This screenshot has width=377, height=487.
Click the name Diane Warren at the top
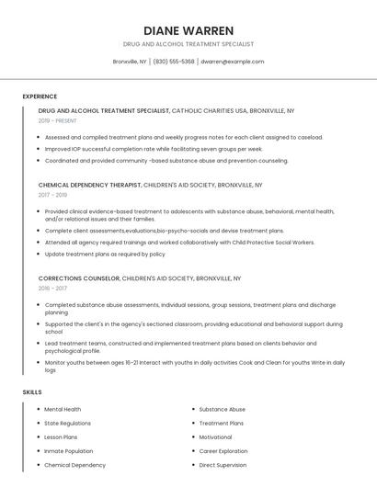(188, 30)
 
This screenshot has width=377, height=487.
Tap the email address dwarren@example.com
(232, 62)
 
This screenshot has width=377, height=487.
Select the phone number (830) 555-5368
(174, 62)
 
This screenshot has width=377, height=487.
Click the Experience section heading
(40, 96)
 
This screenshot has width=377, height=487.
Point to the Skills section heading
(32, 392)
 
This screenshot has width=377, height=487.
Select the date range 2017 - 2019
(52, 195)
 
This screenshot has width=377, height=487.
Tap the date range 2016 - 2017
(52, 288)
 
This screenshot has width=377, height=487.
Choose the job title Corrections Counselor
(79, 277)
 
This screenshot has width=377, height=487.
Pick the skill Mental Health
(63, 409)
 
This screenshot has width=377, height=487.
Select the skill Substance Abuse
(223, 409)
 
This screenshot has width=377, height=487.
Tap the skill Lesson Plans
(61, 437)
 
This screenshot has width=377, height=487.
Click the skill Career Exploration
(223, 451)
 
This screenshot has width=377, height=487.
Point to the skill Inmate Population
(68, 451)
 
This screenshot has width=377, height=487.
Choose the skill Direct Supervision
(223, 465)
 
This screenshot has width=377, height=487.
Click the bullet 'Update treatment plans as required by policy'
(105, 254)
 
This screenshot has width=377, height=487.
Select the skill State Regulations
(67, 423)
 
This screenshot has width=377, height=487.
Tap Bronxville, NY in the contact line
(130, 62)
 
